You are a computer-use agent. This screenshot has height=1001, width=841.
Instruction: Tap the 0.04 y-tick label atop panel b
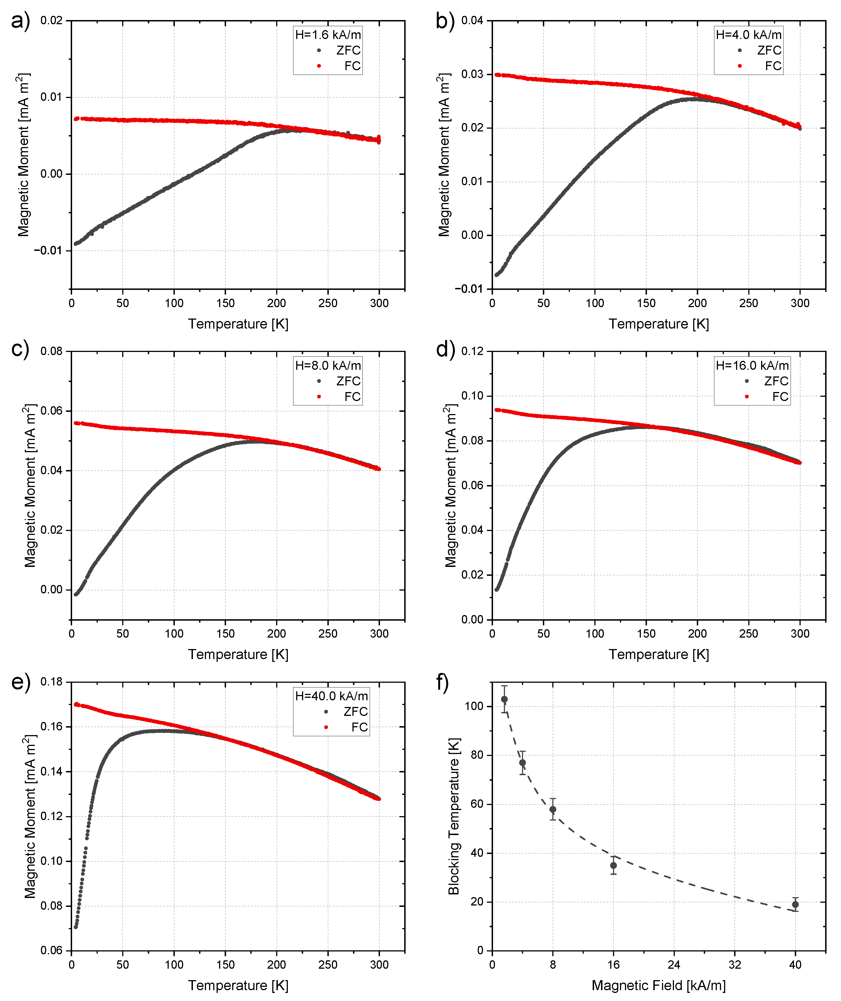(x=472, y=21)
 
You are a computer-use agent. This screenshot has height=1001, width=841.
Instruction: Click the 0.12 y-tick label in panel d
(x=472, y=351)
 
